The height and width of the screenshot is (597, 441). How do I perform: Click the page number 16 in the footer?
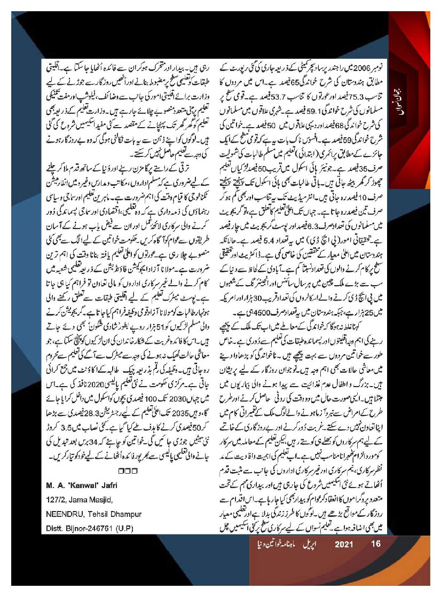click(375, 545)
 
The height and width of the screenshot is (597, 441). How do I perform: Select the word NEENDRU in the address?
click(63, 514)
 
